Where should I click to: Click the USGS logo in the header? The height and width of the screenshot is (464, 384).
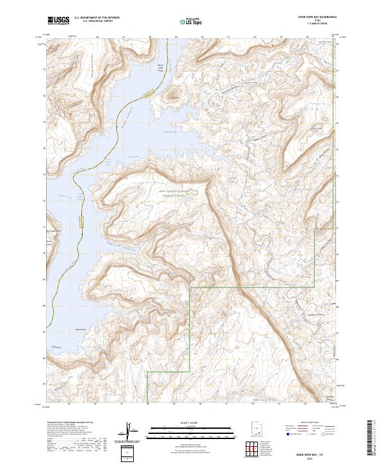pyautogui.click(x=59, y=20)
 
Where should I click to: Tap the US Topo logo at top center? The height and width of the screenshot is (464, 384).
pyautogui.click(x=188, y=20)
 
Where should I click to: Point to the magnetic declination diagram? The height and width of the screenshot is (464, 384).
pyautogui.click(x=131, y=433)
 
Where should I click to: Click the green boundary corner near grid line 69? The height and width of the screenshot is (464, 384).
pyautogui.click(x=191, y=287)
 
